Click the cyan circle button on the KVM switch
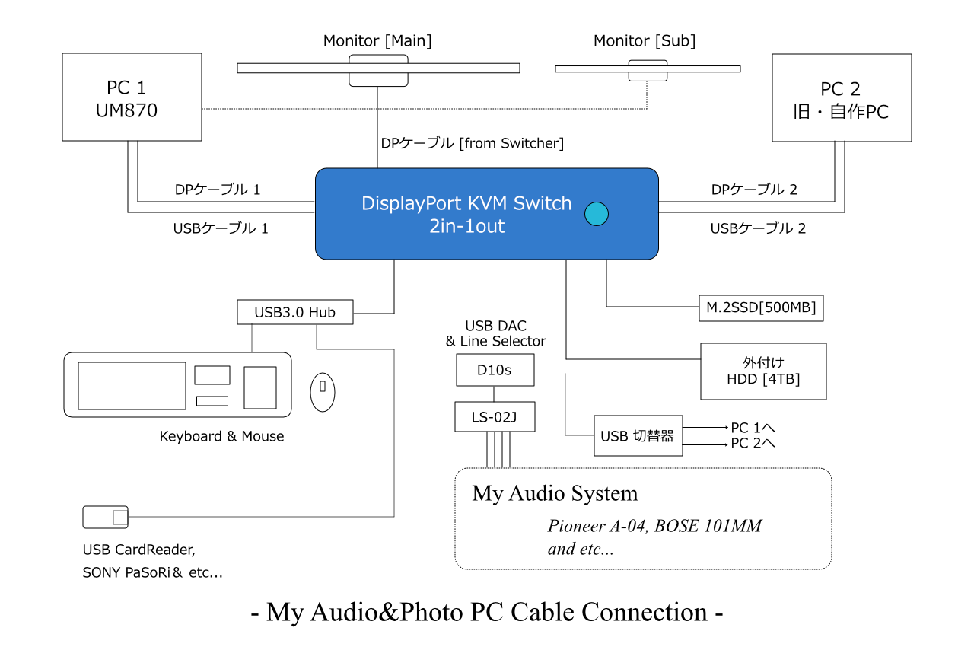pos(597,214)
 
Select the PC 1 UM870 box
pos(132,97)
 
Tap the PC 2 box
pos(842,97)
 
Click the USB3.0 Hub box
pos(294,312)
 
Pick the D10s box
pos(495,370)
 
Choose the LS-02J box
pos(495,416)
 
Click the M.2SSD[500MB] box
pos(762,307)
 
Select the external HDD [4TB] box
pos(763,371)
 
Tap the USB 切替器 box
pos(638,436)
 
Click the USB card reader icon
pos(105,518)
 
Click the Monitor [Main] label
pos(377,40)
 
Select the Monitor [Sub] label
pos(645,40)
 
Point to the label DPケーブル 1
pos(218,190)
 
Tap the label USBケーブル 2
pos(758,228)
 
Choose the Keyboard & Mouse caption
pos(221,436)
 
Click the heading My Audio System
pos(555,493)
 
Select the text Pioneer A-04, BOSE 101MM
pos(654,526)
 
